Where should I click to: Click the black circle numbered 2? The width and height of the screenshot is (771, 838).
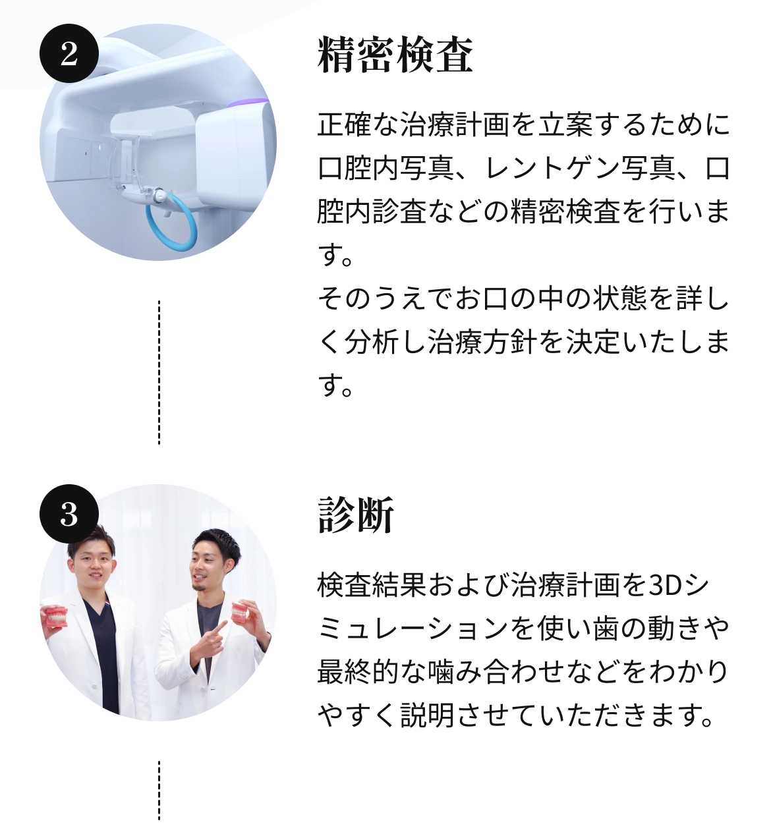coord(69,53)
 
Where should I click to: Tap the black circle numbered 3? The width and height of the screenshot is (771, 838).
coord(69,514)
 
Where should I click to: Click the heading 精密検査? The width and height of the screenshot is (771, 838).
coord(395,54)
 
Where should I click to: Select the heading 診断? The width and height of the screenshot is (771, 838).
coord(356,515)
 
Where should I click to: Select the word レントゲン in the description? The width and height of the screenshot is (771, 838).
coord(552,168)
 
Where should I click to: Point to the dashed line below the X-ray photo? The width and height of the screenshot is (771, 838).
coord(159,372)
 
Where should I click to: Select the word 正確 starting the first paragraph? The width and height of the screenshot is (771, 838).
coord(345,125)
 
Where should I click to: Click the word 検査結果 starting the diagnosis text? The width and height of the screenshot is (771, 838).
coord(372,586)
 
